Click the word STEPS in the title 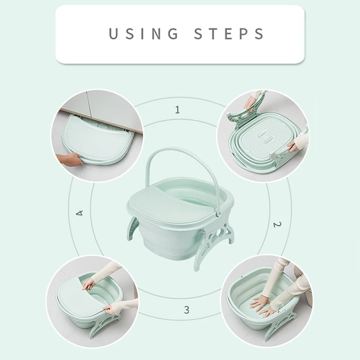click(229, 34)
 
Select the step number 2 click(277, 224)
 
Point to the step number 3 click(186, 310)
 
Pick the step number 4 click(80, 212)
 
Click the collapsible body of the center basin click(180, 243)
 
